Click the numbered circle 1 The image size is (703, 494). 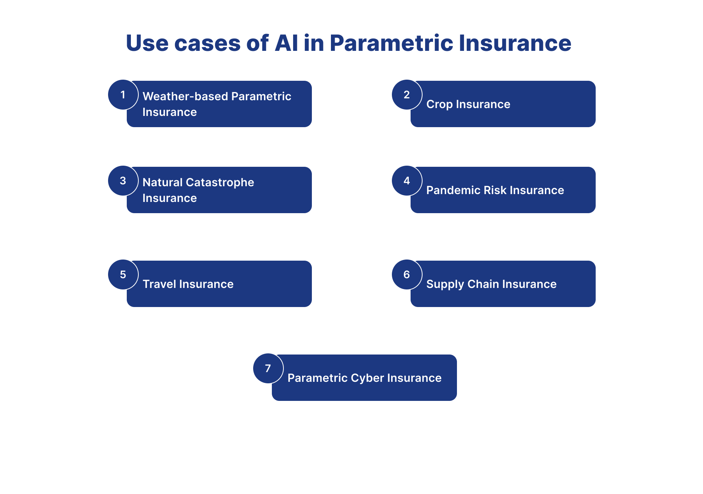[123, 95]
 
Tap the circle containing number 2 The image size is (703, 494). [407, 95]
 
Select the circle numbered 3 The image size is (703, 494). [123, 181]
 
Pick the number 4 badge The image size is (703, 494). [407, 181]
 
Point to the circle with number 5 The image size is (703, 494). [123, 274]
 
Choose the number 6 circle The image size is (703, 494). [407, 274]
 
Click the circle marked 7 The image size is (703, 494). [268, 368]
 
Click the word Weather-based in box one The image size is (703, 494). [185, 96]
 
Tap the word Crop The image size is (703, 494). [439, 104]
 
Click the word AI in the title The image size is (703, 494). [286, 43]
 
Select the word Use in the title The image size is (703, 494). [147, 43]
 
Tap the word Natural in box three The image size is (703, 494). [162, 182]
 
